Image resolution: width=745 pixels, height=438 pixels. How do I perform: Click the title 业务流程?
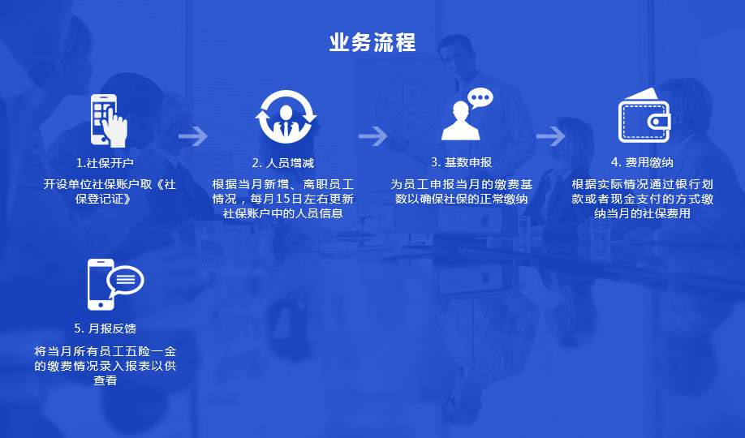pyautogui.click(x=372, y=42)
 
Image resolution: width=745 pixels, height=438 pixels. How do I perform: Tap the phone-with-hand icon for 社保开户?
pyautogui.click(x=109, y=118)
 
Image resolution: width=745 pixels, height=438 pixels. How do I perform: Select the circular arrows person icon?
pyautogui.click(x=286, y=117)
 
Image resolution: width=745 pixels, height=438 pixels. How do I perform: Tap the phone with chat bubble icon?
pyautogui.click(x=113, y=285)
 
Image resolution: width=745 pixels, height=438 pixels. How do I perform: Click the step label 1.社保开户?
pyautogui.click(x=105, y=163)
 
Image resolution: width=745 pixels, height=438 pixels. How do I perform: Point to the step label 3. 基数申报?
pyautogui.click(x=462, y=162)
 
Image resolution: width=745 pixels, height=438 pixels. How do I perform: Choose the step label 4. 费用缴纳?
pyautogui.click(x=642, y=162)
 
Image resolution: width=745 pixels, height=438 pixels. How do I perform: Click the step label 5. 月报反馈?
pyautogui.click(x=105, y=328)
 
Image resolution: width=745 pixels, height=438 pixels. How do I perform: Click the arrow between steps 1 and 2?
pyautogui.click(x=193, y=135)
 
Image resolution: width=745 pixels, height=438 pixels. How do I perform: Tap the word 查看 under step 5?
pyautogui.click(x=106, y=380)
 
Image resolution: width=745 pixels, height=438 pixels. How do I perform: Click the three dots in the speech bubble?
pyautogui.click(x=481, y=98)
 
